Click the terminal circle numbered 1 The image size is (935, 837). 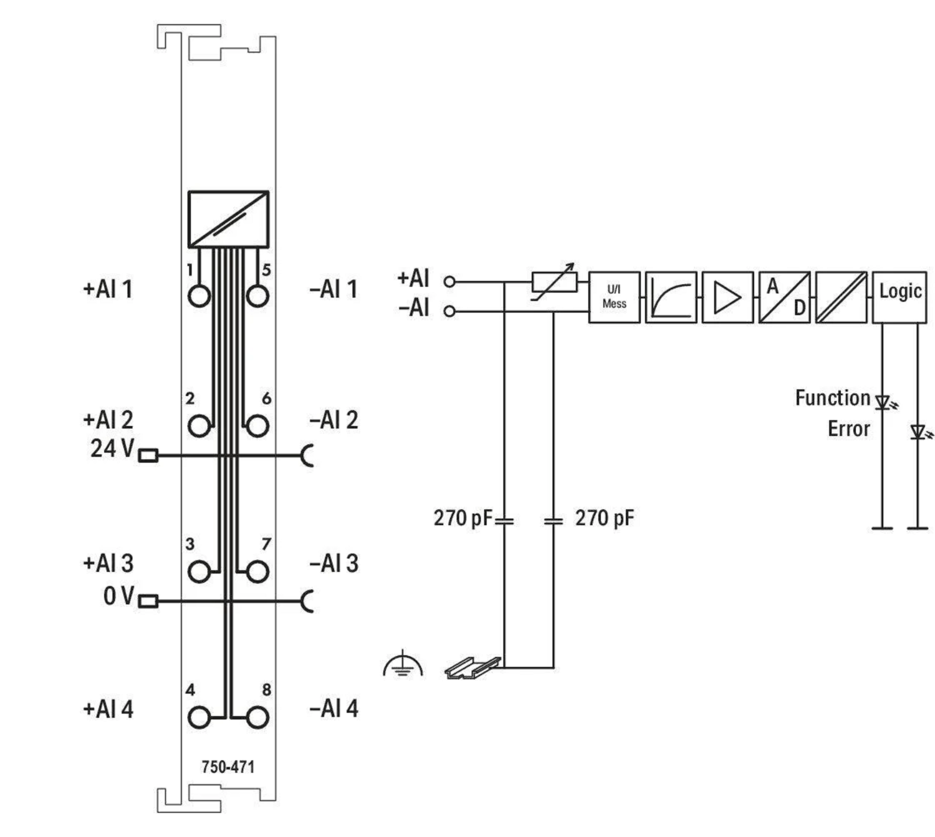coord(199,296)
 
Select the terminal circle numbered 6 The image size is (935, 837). coord(257,427)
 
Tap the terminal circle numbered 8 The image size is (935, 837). coord(257,718)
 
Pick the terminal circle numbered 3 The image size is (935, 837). coord(199,571)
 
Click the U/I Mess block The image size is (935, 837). coord(614,297)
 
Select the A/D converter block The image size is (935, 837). coord(784,297)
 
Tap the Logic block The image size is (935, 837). coord(899,297)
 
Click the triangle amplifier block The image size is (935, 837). coord(727,297)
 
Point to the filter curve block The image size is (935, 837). coord(671,297)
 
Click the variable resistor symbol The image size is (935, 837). coord(554,282)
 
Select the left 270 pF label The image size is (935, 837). coord(462,518)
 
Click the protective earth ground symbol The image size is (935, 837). coord(403,665)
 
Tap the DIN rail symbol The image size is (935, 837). coord(472,667)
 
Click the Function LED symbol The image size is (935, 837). coord(883,402)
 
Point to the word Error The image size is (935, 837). coord(848,429)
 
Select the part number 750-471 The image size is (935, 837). coord(228,767)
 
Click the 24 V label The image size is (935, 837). coord(112,448)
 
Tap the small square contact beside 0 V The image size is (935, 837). coord(148,601)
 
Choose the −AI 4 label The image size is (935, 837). coord(333,709)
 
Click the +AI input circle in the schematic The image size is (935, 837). coord(449,282)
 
